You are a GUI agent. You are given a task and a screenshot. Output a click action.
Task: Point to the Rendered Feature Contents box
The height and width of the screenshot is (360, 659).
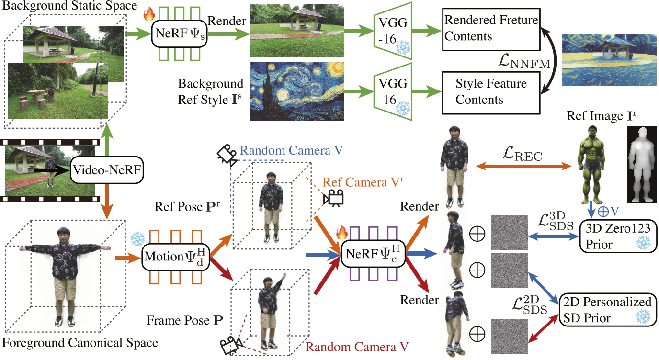491,29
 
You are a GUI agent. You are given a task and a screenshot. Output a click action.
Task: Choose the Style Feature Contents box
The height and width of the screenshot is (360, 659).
491,92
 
